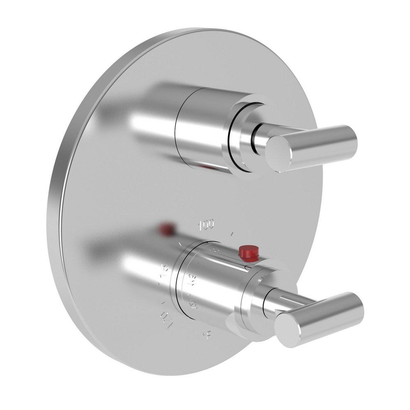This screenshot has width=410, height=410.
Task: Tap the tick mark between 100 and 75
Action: pyautogui.click(x=180, y=245)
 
